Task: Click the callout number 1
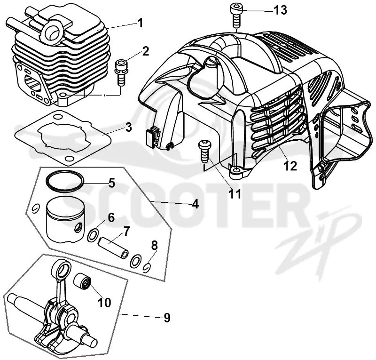point(140,24)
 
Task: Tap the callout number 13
point(280,10)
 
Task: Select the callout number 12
point(290,166)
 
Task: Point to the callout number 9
point(167,318)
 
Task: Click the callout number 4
point(196,204)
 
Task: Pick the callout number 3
point(128,127)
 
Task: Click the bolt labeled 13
point(236,16)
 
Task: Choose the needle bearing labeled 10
point(84,280)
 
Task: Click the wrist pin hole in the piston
point(78,227)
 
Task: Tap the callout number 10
point(104,303)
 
